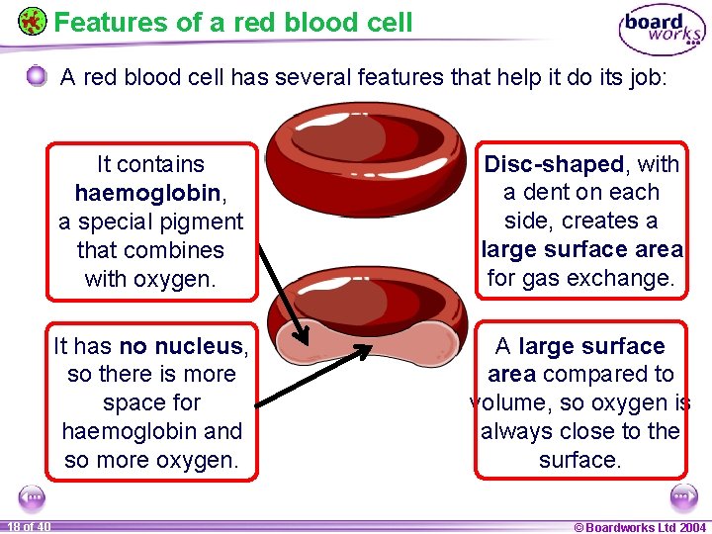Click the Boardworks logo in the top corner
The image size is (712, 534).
662,29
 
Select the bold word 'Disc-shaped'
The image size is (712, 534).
554,164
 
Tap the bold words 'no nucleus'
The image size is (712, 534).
181,346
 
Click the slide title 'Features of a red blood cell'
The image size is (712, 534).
232,22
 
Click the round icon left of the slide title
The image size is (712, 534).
32,21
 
